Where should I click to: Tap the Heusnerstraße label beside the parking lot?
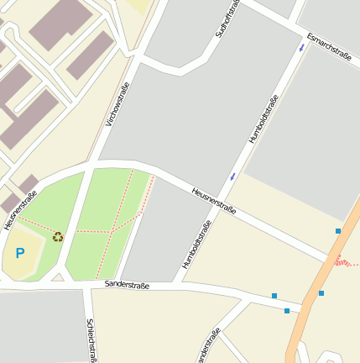tap(20, 211)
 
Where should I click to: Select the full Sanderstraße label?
tap(127, 286)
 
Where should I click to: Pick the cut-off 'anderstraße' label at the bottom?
tap(207, 345)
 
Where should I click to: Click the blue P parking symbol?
tap(20, 253)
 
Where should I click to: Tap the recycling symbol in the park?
tap(58, 236)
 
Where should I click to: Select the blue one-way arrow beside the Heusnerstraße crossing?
tap(232, 176)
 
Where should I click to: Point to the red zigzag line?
tap(346, 262)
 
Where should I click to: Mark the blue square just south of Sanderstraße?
tap(287, 311)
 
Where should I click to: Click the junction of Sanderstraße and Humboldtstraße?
tap(179, 286)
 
